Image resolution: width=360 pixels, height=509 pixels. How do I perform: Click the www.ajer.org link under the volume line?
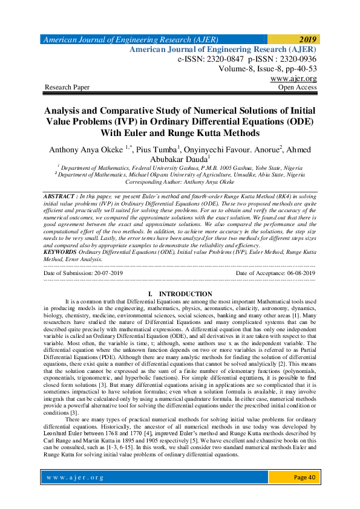pyautogui.click(x=294, y=79)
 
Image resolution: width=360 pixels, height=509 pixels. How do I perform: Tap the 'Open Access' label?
pyautogui.click(x=297, y=88)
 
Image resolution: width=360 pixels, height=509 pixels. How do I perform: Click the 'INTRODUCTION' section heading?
pyautogui.click(x=186, y=294)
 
